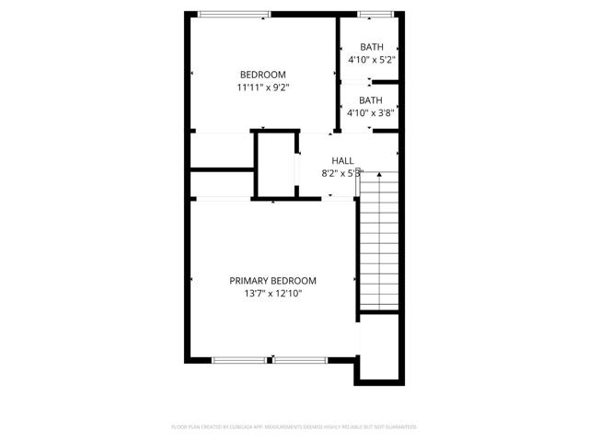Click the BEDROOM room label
coord(262,75)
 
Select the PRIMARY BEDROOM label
coord(272,281)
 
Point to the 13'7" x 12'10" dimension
coord(272,294)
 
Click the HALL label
coord(342,160)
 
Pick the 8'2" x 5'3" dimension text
coord(342,172)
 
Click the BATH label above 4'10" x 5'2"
coord(371,47)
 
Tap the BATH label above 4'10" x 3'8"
coord(371,100)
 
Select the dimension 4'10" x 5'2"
coord(371,60)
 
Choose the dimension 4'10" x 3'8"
coord(371,113)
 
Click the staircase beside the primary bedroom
coord(379,244)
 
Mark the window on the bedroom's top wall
coord(235,14)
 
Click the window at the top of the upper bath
coord(371,14)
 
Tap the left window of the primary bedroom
coord(242,360)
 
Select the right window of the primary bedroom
coord(302,360)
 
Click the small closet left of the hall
coord(274,165)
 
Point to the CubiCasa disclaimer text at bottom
coord(294,427)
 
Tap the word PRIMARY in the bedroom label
coord(250,281)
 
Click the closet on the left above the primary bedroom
coord(221,183)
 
